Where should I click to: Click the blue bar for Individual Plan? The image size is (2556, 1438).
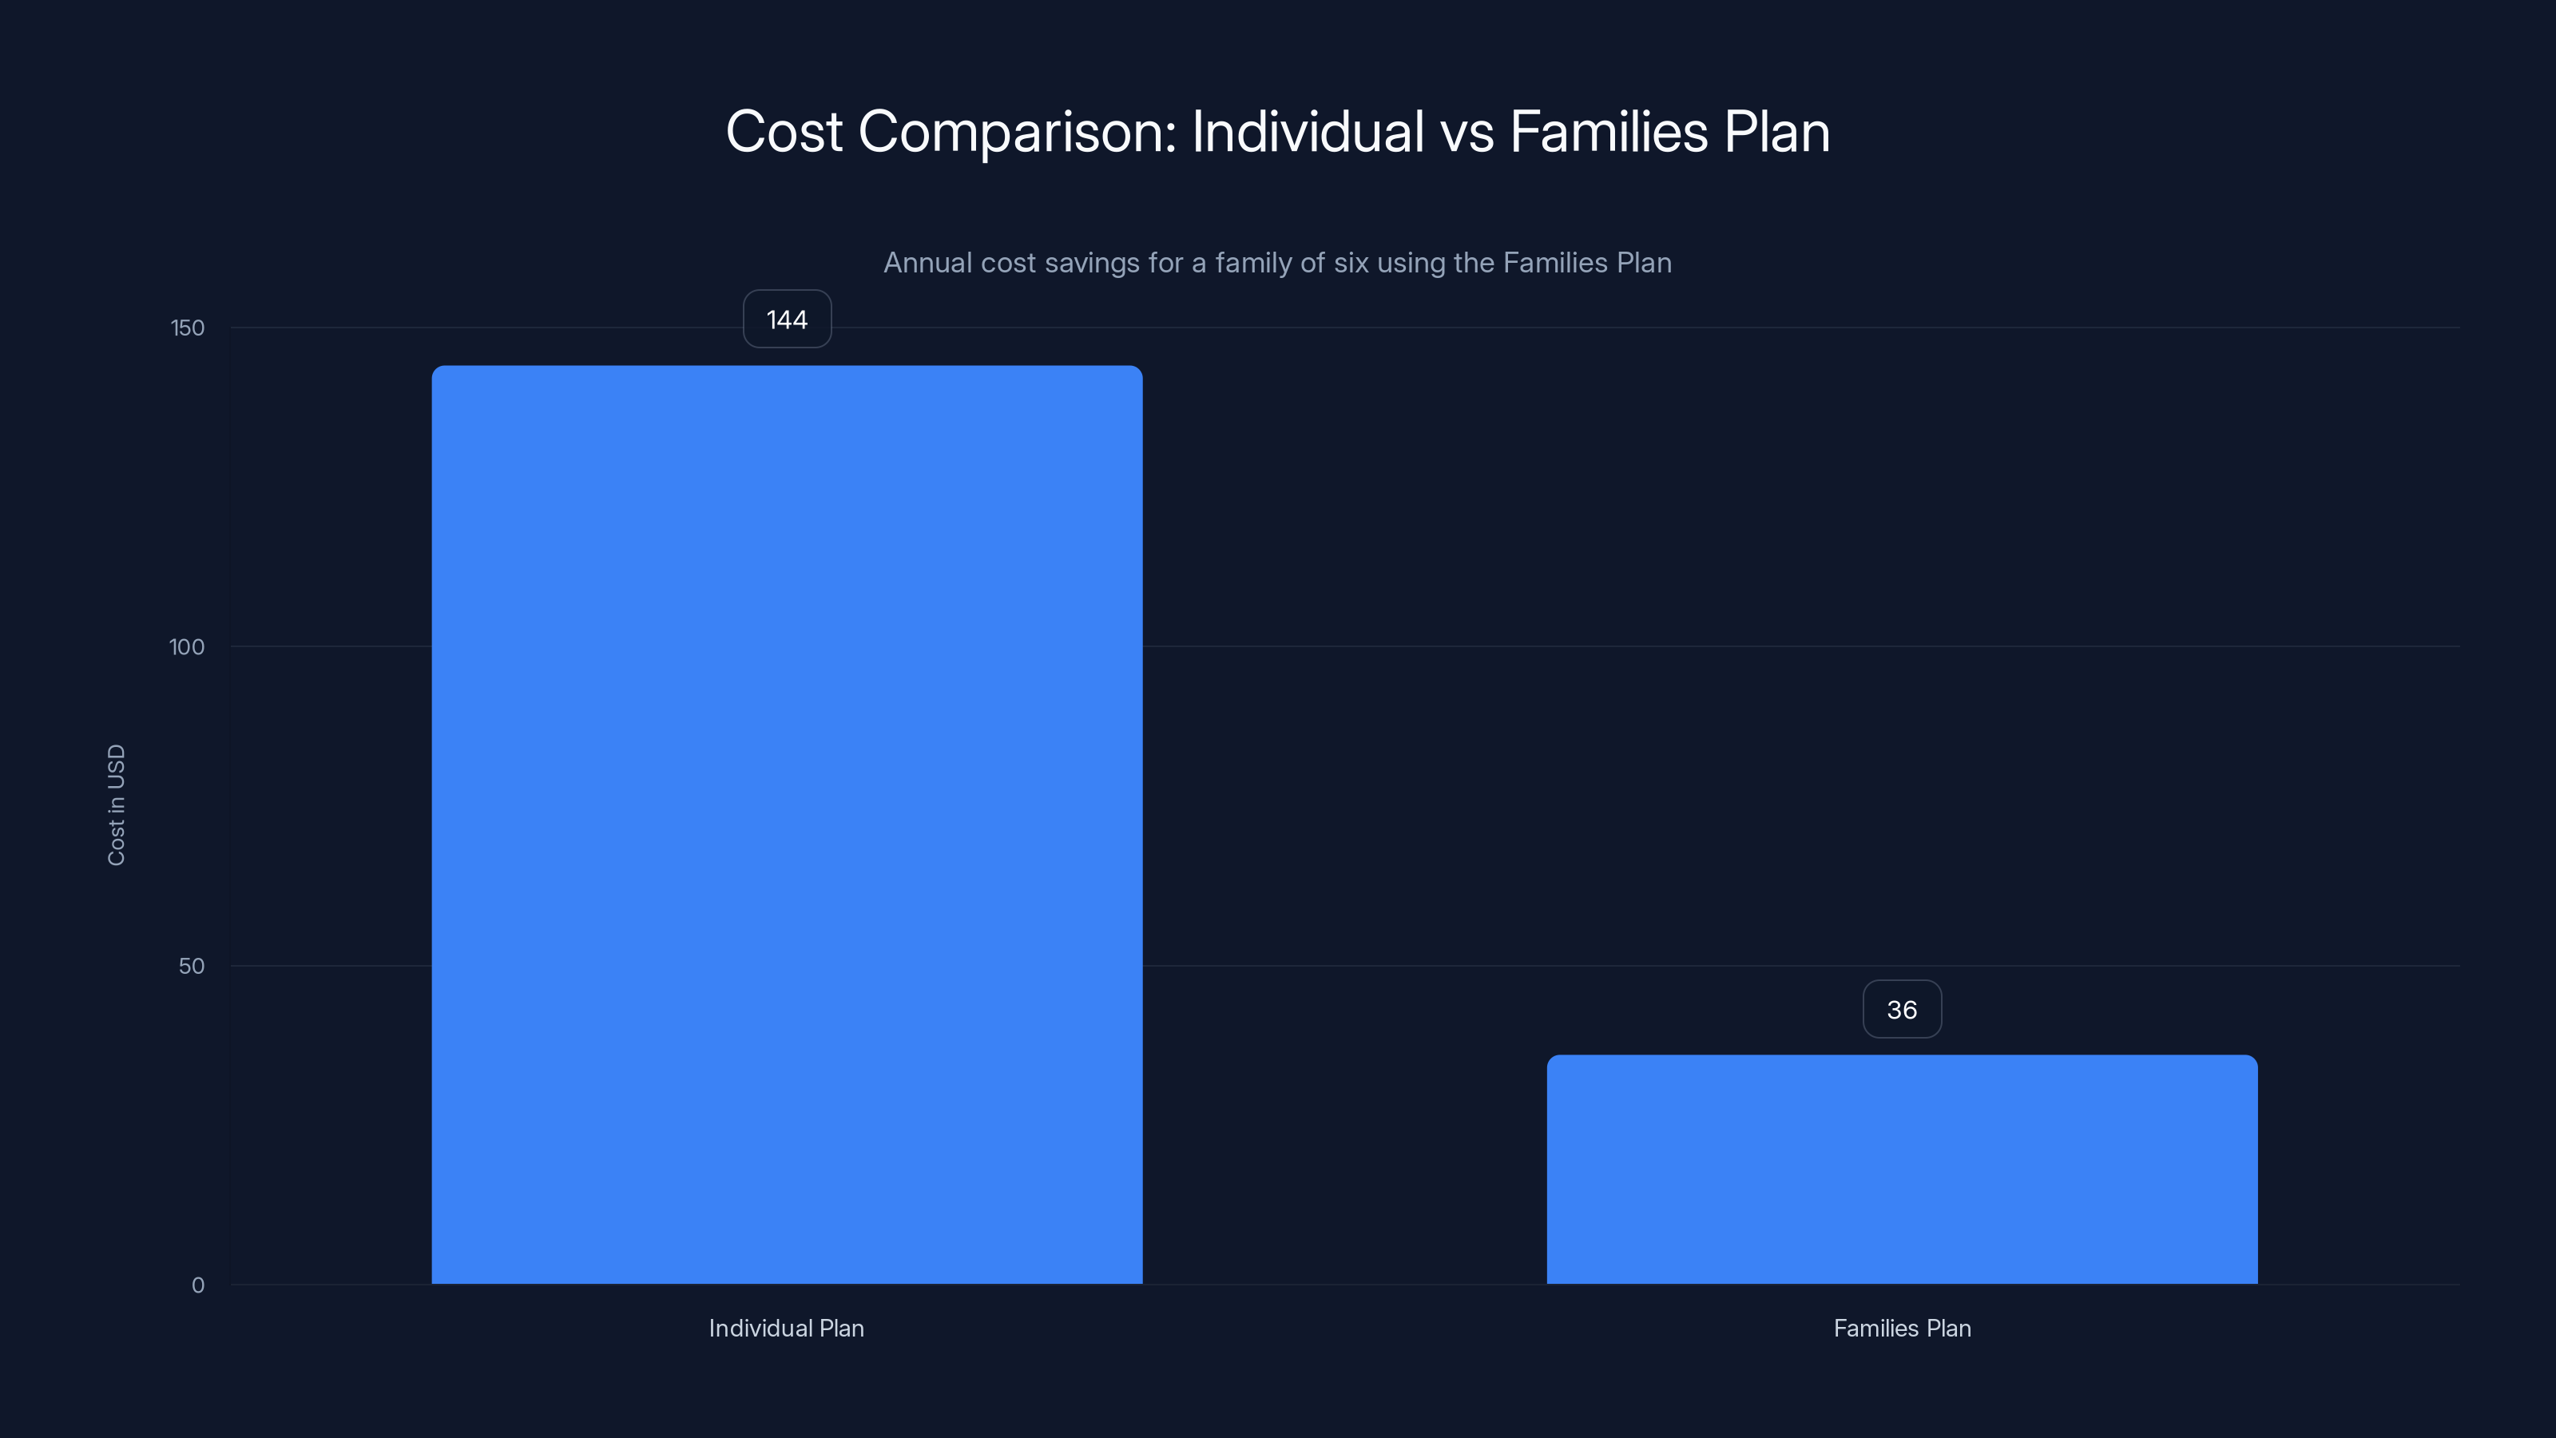coord(787,824)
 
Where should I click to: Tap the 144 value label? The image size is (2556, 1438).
coord(787,320)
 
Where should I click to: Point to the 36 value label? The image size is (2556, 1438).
coord(1901,1009)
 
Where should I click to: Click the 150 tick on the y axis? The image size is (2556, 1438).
coord(188,328)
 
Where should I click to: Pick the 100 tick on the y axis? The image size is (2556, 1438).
coord(187,647)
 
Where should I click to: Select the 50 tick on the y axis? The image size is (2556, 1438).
coord(192,967)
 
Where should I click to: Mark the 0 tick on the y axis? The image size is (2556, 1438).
coord(197,1285)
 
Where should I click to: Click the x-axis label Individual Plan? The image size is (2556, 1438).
coord(786,1328)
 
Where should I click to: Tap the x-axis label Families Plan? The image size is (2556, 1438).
coord(1901,1328)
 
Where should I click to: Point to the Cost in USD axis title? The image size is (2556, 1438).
coord(116,804)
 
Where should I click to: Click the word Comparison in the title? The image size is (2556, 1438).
coord(1016,132)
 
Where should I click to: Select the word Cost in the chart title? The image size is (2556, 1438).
coord(784,132)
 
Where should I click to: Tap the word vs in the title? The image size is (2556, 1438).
coord(1467,132)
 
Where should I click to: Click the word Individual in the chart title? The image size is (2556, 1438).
coord(1307,132)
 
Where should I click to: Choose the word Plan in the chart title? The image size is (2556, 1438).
coord(1776,132)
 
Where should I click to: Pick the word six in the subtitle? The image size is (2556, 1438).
coord(1351,263)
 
